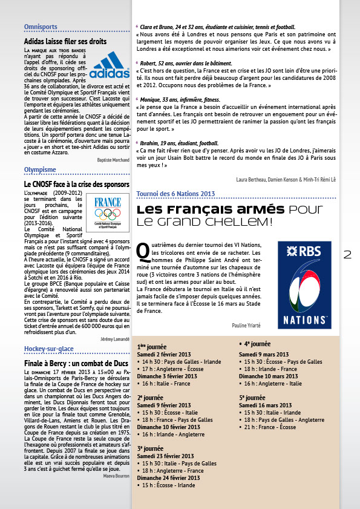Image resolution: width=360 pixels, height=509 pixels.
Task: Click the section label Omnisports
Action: point(41,27)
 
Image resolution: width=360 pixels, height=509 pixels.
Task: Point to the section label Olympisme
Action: point(40,169)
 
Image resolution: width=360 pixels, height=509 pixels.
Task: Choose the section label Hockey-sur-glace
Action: point(50,349)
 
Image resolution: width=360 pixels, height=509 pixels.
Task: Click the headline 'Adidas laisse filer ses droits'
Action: point(65,41)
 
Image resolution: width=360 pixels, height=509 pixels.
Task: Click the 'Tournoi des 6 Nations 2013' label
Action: point(176,194)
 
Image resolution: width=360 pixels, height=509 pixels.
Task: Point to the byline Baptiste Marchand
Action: point(113,159)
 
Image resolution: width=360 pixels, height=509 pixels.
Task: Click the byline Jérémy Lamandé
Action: point(114,338)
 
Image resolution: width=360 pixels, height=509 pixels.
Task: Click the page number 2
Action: point(347,255)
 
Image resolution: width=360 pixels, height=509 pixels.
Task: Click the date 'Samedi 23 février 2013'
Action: point(165,456)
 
